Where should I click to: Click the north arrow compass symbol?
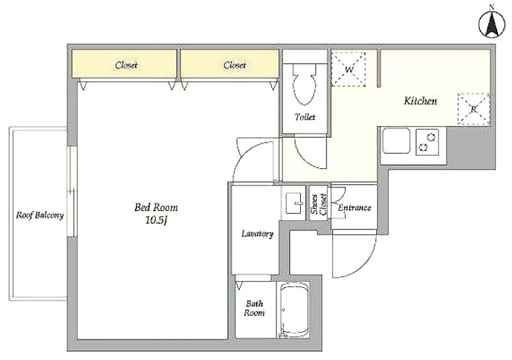[x=492, y=23]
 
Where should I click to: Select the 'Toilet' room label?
[x=305, y=117]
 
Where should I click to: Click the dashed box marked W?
[x=348, y=69]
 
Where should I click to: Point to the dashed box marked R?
[x=474, y=109]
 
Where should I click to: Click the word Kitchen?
[x=420, y=100]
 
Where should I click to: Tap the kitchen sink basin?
[x=396, y=141]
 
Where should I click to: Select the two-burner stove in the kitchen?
[x=427, y=142]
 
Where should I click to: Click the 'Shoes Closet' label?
[x=319, y=205]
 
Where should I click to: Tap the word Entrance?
[x=355, y=208]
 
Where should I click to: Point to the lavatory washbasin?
[x=295, y=203]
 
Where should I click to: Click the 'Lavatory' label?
[x=257, y=233]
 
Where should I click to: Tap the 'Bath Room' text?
[x=254, y=308]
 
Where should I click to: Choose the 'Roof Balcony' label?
[x=40, y=215]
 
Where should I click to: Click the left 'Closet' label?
[x=126, y=65]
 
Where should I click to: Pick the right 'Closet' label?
[x=234, y=65]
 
